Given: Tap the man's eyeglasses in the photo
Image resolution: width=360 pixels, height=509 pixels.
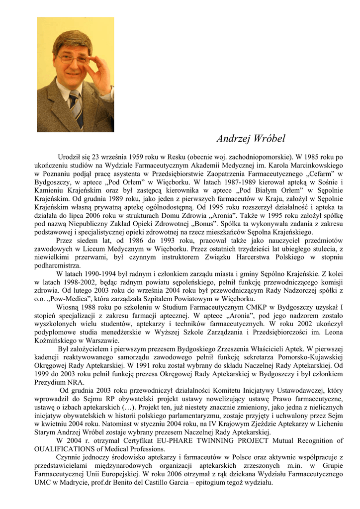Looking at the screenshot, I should (73, 59).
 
